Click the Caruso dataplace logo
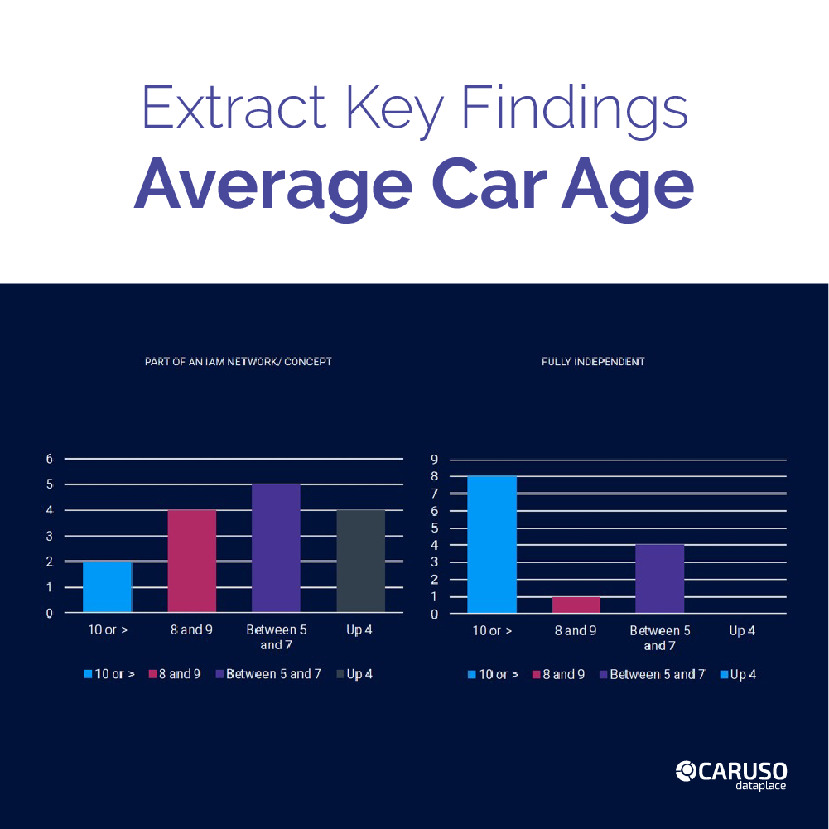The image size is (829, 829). pyautogui.click(x=730, y=774)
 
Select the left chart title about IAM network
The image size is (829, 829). pyautogui.click(x=238, y=362)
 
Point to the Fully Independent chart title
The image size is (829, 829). pyautogui.click(x=593, y=362)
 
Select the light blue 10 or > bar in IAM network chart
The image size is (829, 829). pyautogui.click(x=107, y=587)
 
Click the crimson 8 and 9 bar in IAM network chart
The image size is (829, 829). pyautogui.click(x=192, y=562)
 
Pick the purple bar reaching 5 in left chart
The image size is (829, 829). pyautogui.click(x=276, y=548)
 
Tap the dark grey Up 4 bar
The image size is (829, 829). pyautogui.click(x=361, y=562)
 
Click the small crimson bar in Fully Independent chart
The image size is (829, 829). pyautogui.click(x=576, y=605)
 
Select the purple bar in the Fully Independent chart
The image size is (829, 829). pyautogui.click(x=660, y=579)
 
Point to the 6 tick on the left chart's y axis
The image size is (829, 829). pyautogui.click(x=50, y=459)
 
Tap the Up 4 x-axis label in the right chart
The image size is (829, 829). pyautogui.click(x=742, y=631)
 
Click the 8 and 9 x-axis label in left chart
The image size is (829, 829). pyautogui.click(x=191, y=630)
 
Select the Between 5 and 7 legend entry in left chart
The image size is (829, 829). pyautogui.click(x=267, y=674)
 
